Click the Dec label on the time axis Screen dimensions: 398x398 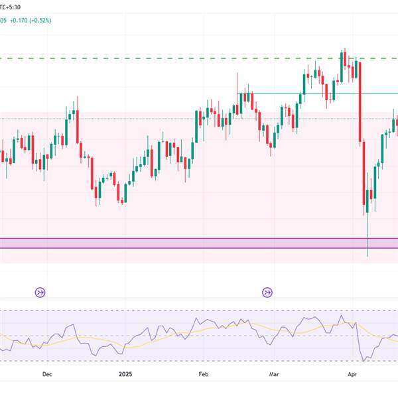[47, 373]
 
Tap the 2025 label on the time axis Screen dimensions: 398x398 [125, 373]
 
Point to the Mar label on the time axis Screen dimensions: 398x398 [274, 373]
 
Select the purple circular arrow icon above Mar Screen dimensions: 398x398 [267, 291]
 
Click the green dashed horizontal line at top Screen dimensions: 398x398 [133, 58]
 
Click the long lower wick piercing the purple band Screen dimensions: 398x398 [367, 242]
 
